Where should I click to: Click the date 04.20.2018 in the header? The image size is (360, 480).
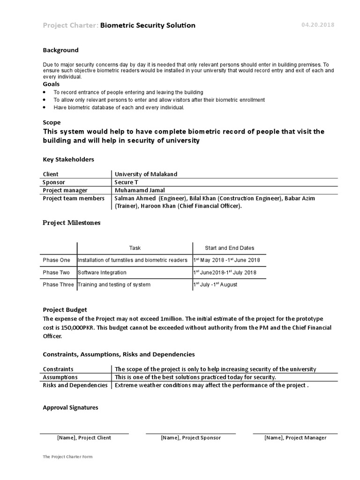click(x=318, y=25)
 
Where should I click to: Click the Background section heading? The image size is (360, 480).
click(x=60, y=50)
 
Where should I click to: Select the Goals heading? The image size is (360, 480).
click(x=51, y=84)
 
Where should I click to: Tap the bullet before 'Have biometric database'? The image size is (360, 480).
click(x=45, y=107)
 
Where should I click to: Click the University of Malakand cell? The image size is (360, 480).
click(x=146, y=174)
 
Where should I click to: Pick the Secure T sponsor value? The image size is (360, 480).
click(x=127, y=182)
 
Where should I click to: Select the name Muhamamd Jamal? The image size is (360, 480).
click(x=140, y=190)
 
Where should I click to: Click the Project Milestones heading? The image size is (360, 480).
click(x=71, y=223)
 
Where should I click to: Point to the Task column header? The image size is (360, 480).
click(x=135, y=248)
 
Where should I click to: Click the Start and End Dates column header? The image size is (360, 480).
click(x=230, y=248)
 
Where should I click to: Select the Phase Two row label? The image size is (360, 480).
click(x=56, y=272)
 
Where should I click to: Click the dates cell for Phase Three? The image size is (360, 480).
click(x=215, y=285)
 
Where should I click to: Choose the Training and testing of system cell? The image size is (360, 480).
click(x=114, y=285)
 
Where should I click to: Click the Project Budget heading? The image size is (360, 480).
click(x=65, y=310)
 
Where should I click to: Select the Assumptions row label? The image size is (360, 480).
click(x=60, y=377)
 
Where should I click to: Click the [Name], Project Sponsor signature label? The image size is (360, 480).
click(x=190, y=438)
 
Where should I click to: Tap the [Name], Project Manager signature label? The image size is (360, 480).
click(x=295, y=438)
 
